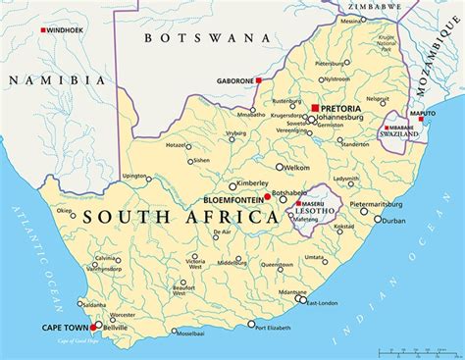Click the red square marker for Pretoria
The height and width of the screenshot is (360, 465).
point(314,108)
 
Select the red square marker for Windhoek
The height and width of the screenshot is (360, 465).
point(42,30)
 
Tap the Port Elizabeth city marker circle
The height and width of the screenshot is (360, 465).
point(251,324)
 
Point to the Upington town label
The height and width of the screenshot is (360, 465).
point(134,176)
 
